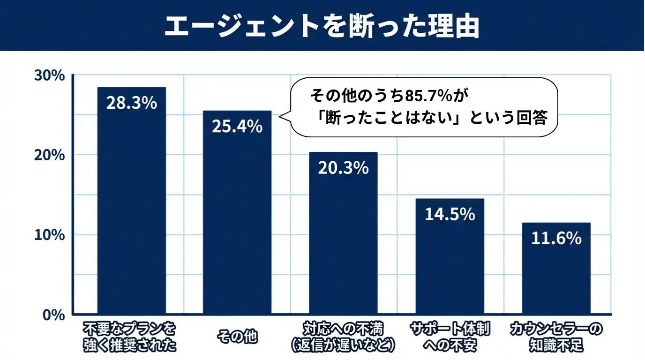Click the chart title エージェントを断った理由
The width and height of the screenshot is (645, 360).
tap(322, 27)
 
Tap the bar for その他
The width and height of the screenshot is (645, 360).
tap(237, 220)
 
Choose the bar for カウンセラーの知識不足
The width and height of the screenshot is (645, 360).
tap(556, 272)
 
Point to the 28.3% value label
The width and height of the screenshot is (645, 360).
tap(131, 103)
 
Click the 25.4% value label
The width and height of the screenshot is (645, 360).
tap(237, 127)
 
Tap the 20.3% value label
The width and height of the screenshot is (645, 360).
tap(343, 168)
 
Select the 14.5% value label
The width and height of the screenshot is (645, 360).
tap(450, 214)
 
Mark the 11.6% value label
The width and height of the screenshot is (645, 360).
tap(556, 238)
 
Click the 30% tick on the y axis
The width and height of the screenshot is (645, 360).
tap(49, 75)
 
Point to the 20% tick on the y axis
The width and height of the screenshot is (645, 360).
tap(49, 155)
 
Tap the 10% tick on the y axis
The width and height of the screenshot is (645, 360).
tap(49, 235)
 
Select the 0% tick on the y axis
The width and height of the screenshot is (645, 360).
tap(52, 315)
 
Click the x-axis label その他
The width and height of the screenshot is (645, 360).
tap(237, 337)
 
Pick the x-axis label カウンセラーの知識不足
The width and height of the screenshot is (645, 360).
tap(556, 337)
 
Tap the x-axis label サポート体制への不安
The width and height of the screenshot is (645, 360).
tap(450, 337)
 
